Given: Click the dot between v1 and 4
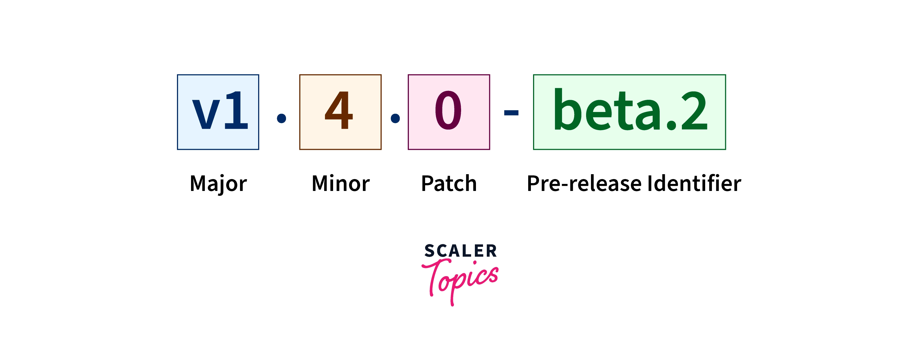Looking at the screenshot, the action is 281,118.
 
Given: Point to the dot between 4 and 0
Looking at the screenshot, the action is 395,118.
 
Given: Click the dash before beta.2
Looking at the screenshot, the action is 511,113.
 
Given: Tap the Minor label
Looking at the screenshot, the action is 341,184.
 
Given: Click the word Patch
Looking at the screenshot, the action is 449,184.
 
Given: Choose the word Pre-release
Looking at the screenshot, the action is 584,184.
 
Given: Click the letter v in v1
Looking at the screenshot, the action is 206,114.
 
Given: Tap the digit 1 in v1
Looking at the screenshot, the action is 236,110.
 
